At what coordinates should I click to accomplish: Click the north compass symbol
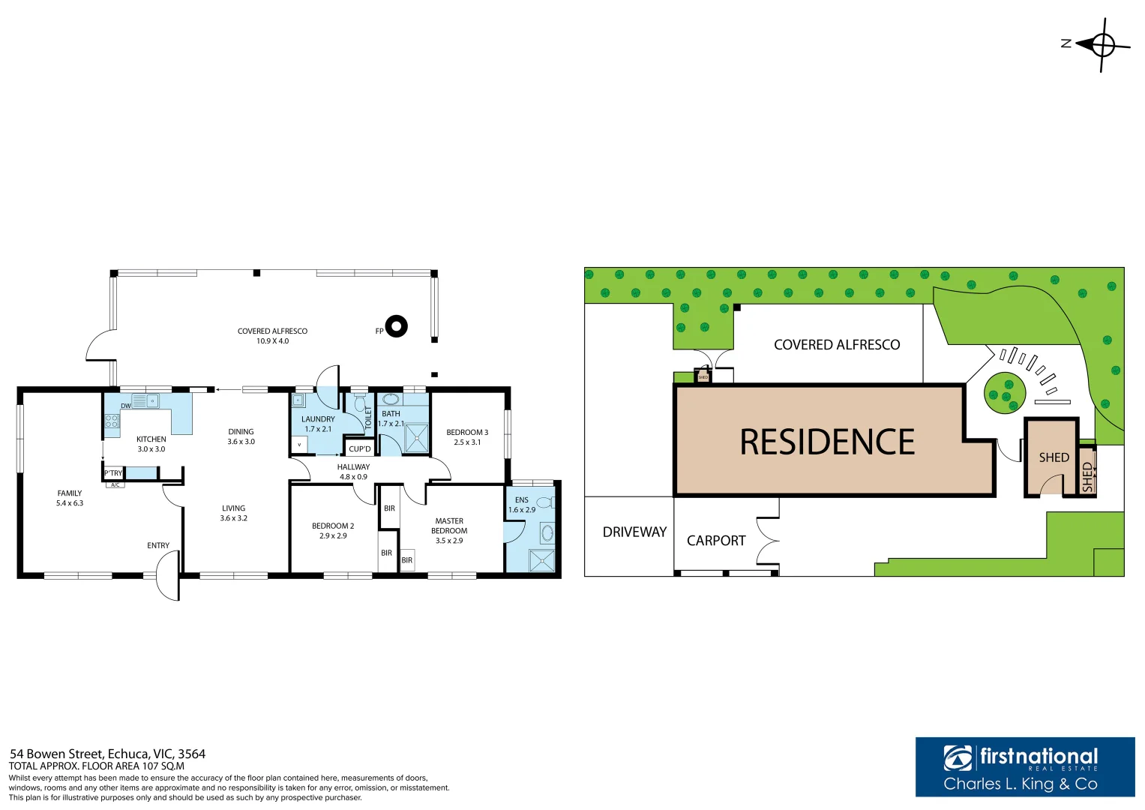[x=1102, y=45]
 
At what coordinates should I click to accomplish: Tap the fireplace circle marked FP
[x=397, y=326]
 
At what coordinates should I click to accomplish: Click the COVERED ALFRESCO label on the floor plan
[x=272, y=331]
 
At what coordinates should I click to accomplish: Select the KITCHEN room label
[x=151, y=439]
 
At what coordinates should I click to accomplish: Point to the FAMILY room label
[x=70, y=493]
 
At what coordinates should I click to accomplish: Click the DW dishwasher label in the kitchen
[x=126, y=406]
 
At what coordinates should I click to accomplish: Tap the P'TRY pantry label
[x=113, y=473]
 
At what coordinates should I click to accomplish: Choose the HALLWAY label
[x=353, y=467]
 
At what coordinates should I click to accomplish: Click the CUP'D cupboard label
[x=360, y=449]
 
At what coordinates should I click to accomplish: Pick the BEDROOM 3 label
[x=467, y=433]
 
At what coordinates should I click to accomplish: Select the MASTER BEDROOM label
[x=449, y=526]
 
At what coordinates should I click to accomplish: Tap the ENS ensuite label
[x=522, y=500]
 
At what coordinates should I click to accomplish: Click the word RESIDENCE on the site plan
[x=827, y=442]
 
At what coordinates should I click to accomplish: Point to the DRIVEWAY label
[x=634, y=532]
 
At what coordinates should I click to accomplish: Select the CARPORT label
[x=716, y=541]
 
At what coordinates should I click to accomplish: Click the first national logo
[x=1024, y=766]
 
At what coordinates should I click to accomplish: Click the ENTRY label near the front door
[x=158, y=545]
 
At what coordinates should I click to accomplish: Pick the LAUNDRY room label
[x=318, y=419]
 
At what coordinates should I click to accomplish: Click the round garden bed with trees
[x=1005, y=391]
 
